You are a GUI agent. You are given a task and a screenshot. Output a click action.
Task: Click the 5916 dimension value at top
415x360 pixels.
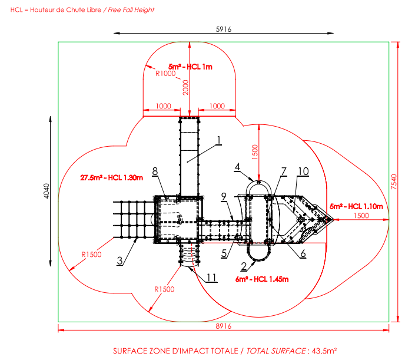tap(223, 29)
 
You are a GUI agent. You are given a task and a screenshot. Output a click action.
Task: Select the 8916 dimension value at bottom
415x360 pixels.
tap(223, 326)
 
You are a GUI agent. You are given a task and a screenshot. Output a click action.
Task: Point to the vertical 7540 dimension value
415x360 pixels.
tap(394, 181)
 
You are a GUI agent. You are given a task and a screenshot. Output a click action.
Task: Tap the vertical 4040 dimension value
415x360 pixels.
tap(47, 191)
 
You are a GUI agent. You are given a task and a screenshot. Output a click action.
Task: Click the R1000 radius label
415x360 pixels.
tap(165, 74)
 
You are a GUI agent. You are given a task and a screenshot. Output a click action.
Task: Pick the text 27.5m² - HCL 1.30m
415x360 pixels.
tap(111, 177)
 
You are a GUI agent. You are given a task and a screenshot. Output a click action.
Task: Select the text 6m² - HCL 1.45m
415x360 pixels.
tap(262, 279)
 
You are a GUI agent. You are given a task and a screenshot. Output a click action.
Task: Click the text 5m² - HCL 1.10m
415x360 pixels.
tap(356, 206)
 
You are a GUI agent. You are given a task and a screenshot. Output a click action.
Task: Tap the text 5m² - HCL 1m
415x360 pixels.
tap(190, 67)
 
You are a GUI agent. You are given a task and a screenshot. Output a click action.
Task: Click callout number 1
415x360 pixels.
tap(218, 140)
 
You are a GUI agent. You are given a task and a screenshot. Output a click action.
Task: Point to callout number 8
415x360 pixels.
tap(155, 171)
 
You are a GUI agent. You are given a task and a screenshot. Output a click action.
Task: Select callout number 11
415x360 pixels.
tap(211, 278)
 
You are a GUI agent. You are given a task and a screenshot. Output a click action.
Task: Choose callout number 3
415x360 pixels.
tap(119, 261)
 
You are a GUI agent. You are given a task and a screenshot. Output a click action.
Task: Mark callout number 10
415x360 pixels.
tap(303, 171)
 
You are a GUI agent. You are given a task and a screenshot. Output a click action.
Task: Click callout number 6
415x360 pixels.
tap(303, 253)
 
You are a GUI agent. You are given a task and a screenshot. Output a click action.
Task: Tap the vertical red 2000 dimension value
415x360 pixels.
tap(185, 87)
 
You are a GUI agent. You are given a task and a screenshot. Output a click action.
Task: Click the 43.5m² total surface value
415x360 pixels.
tap(324, 351)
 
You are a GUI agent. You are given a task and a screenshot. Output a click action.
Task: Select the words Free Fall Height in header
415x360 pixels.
tap(131, 10)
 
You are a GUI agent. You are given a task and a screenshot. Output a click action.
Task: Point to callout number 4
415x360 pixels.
tap(237, 167)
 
